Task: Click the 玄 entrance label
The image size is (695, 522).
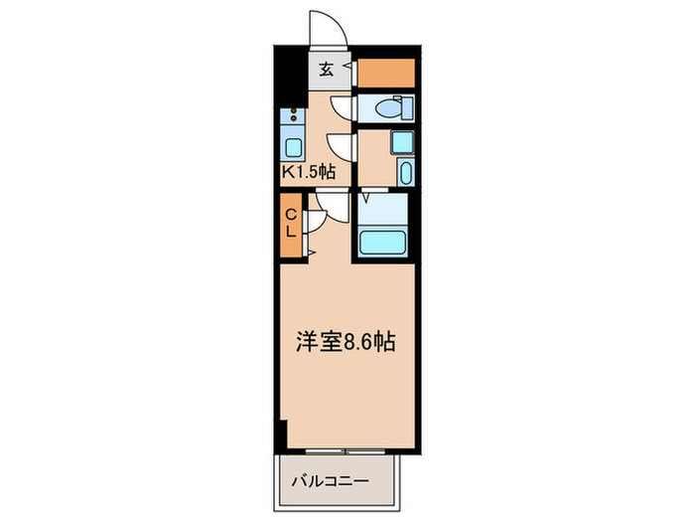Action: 325,71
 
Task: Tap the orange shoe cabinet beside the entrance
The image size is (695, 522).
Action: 385,74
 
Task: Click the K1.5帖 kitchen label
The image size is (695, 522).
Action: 309,172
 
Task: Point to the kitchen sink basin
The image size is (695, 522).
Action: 295,148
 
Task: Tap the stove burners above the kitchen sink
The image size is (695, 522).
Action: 295,116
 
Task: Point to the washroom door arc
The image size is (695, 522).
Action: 340,145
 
